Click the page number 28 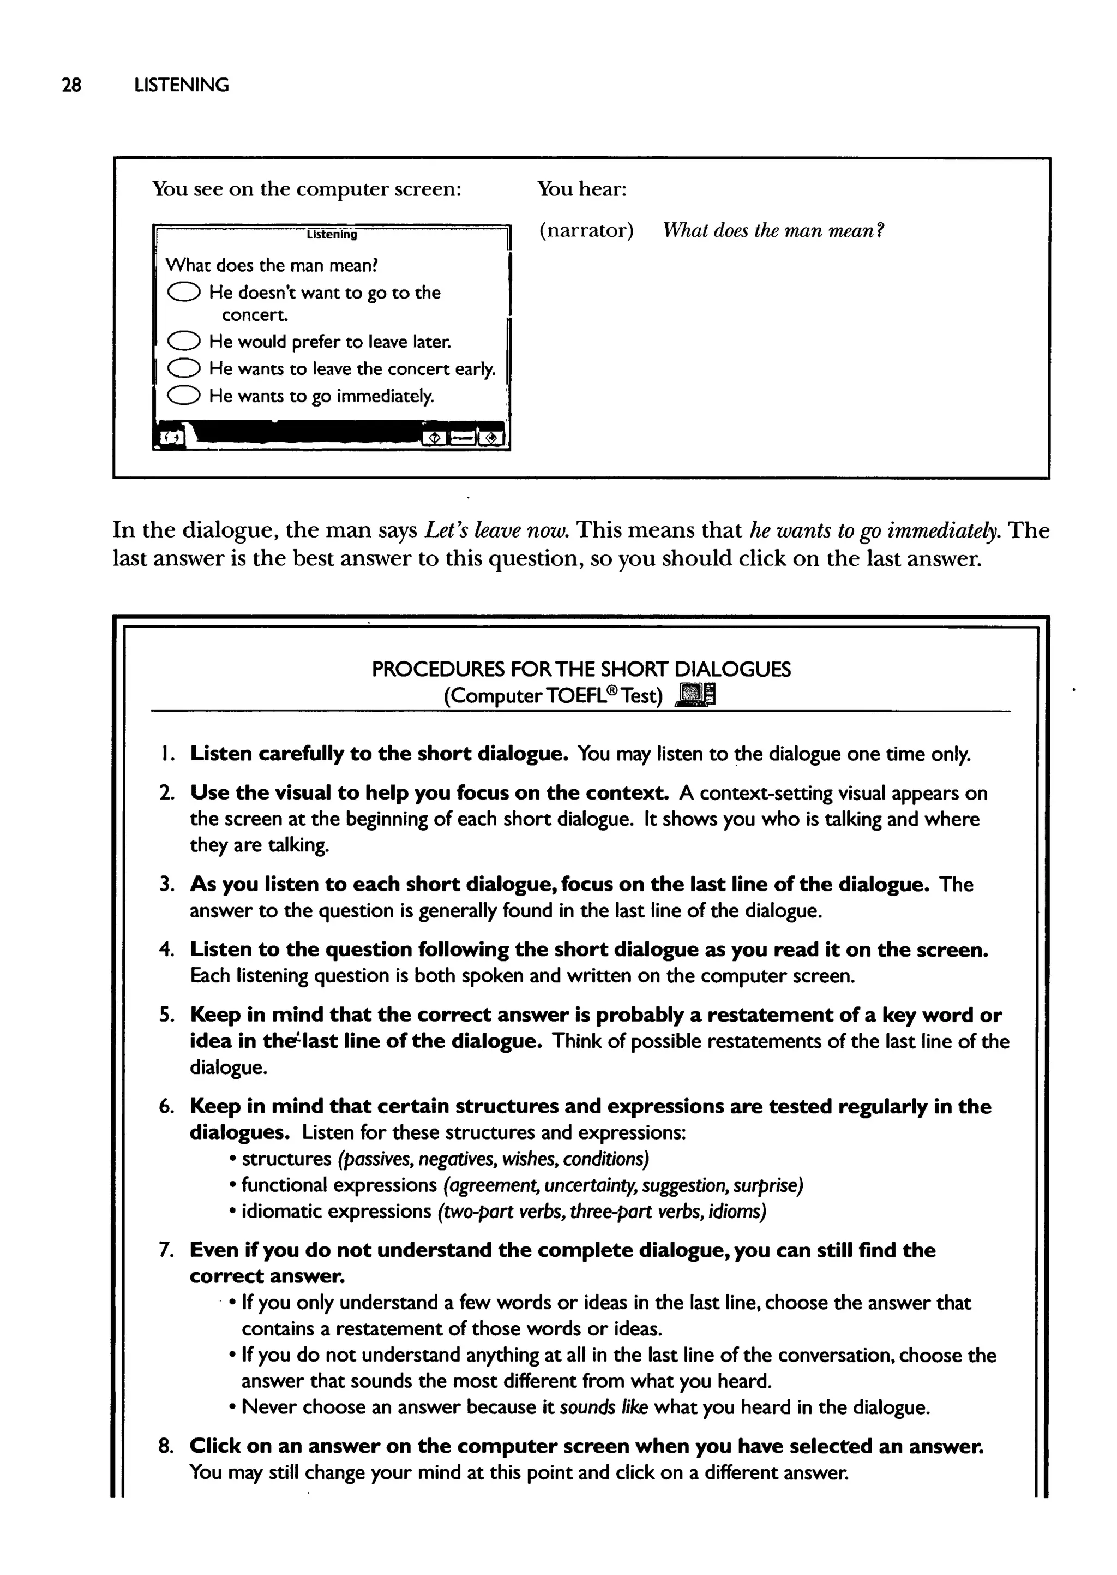click(71, 85)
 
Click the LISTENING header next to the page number click(182, 85)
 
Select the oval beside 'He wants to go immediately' click(184, 395)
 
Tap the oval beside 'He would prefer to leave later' click(184, 341)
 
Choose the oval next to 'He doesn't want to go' click(184, 293)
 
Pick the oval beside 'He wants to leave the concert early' click(184, 368)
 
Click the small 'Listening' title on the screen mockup click(332, 235)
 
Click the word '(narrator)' click(586, 230)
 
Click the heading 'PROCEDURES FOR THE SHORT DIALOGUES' click(581, 669)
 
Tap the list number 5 click(166, 1016)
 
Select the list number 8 click(166, 1446)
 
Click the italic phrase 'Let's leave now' click(497, 530)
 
